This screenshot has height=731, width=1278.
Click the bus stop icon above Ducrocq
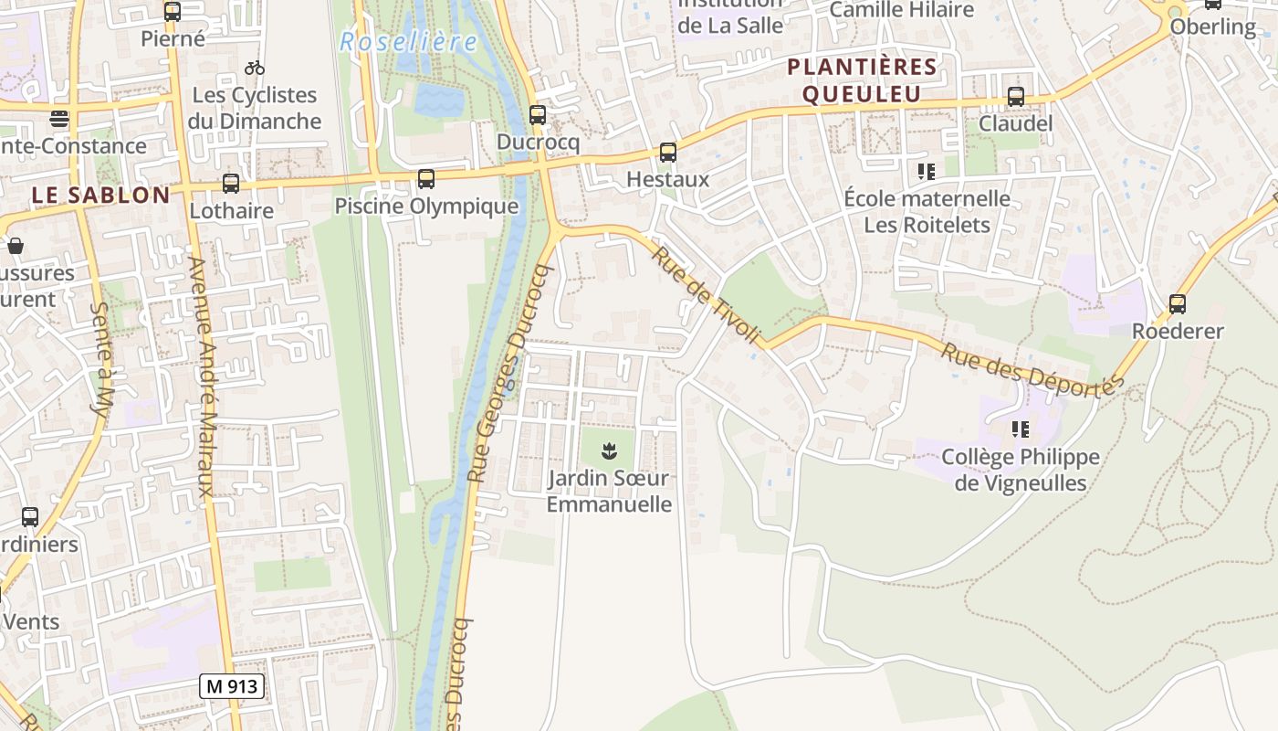click(x=538, y=115)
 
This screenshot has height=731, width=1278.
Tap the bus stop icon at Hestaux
click(x=668, y=153)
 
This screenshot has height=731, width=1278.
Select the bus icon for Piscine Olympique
click(x=426, y=179)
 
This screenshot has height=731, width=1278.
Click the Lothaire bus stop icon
click(x=231, y=184)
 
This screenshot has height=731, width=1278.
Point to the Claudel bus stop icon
click(x=1015, y=97)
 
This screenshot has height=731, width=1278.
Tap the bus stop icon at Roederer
click(x=1178, y=304)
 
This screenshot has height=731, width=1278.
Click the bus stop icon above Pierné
click(x=173, y=12)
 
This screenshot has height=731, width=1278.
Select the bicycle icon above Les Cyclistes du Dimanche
click(x=255, y=68)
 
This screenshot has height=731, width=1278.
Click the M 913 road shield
click(x=232, y=686)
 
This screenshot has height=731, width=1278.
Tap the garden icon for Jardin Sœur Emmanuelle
click(x=609, y=450)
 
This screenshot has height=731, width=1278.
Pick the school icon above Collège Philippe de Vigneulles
click(x=1020, y=429)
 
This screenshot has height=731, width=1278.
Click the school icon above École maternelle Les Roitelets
click(x=927, y=171)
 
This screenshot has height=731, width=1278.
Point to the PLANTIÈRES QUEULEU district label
click(x=862, y=80)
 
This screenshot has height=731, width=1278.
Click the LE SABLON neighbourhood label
click(x=100, y=195)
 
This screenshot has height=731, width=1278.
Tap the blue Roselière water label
click(x=408, y=42)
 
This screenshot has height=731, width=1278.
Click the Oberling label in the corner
click(x=1213, y=26)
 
